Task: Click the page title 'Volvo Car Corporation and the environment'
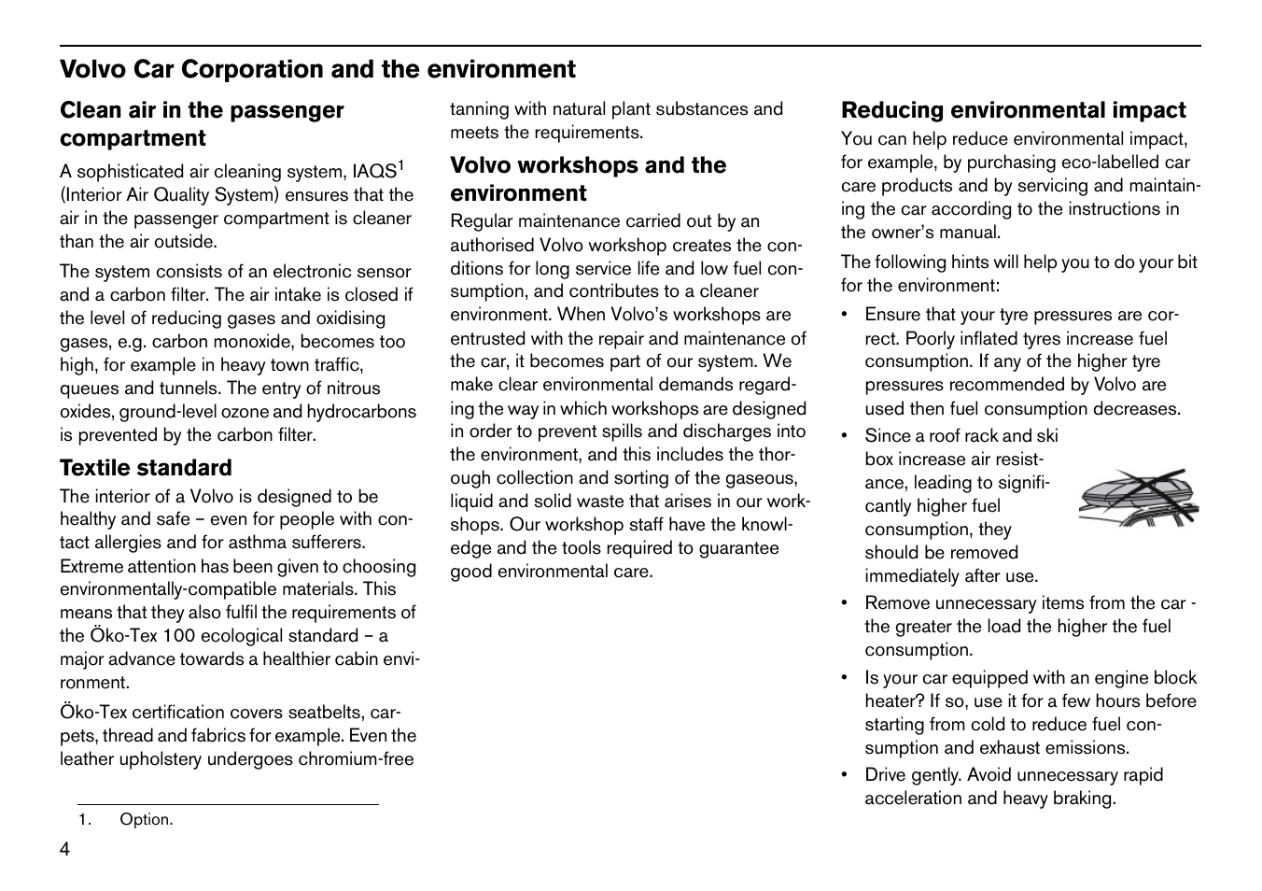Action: [317, 70]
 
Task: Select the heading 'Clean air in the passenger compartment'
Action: [202, 124]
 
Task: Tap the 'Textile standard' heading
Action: [146, 468]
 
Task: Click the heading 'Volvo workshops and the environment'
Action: [588, 179]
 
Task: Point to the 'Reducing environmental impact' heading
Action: [1013, 110]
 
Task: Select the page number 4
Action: [64, 849]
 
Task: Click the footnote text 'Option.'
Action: [147, 820]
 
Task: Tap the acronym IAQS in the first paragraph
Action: [374, 173]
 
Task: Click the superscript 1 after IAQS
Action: [401, 165]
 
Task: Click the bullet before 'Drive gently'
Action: [844, 775]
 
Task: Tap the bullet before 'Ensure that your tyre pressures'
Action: [844, 316]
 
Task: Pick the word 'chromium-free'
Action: [356, 759]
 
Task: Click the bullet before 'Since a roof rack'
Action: [844, 436]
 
